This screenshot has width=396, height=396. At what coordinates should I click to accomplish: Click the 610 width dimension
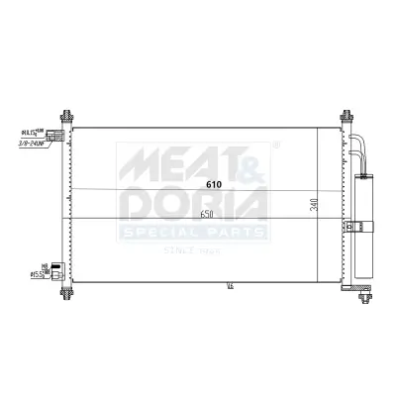[214, 184]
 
